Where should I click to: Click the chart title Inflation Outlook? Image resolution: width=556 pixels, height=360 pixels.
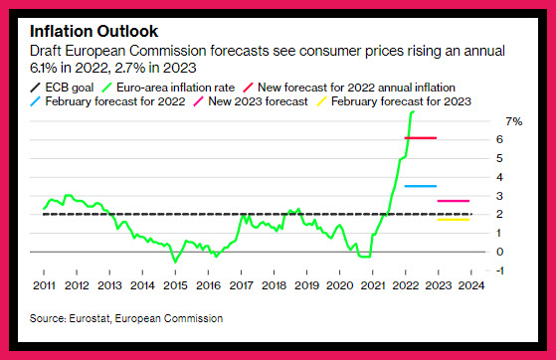pyautogui.click(x=93, y=31)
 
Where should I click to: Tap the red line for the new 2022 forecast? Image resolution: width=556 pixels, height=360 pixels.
pyautogui.click(x=421, y=137)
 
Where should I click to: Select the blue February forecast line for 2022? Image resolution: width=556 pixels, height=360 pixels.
pyautogui.click(x=421, y=186)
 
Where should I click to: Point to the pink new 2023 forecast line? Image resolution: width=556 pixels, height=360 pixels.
pyautogui.click(x=454, y=201)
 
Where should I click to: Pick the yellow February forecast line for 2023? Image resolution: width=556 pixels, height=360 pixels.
pyautogui.click(x=454, y=220)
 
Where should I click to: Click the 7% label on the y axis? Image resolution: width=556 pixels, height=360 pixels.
pyautogui.click(x=514, y=121)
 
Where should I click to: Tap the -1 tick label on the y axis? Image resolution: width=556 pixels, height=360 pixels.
pyautogui.click(x=499, y=270)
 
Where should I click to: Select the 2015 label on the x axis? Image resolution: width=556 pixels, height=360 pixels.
pyautogui.click(x=175, y=285)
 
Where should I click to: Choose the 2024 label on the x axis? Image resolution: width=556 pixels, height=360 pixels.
pyautogui.click(x=470, y=285)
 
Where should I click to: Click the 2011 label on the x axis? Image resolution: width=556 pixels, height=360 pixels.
pyautogui.click(x=44, y=285)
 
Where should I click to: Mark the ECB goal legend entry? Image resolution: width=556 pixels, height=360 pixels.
pyautogui.click(x=62, y=88)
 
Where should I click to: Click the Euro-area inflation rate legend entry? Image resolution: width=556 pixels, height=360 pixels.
pyautogui.click(x=168, y=88)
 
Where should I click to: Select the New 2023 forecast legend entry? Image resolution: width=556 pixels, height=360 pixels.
pyautogui.click(x=251, y=101)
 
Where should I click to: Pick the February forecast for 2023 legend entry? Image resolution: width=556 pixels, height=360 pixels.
pyautogui.click(x=394, y=101)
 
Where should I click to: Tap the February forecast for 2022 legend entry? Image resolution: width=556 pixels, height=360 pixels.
pyautogui.click(x=107, y=101)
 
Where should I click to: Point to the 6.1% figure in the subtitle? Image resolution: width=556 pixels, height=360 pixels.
pyautogui.click(x=43, y=68)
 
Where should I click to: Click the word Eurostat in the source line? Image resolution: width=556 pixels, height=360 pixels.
pyautogui.click(x=90, y=318)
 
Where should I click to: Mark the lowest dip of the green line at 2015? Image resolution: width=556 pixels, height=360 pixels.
pyautogui.click(x=175, y=262)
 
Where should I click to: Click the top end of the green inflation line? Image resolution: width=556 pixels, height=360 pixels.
pyautogui.click(x=413, y=111)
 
